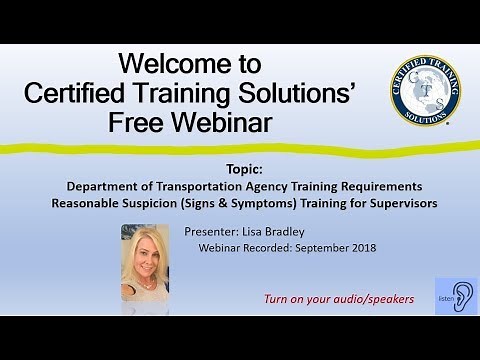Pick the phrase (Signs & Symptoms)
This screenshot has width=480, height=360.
click(x=233, y=204)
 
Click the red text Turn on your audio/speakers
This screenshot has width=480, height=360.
click(x=338, y=299)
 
